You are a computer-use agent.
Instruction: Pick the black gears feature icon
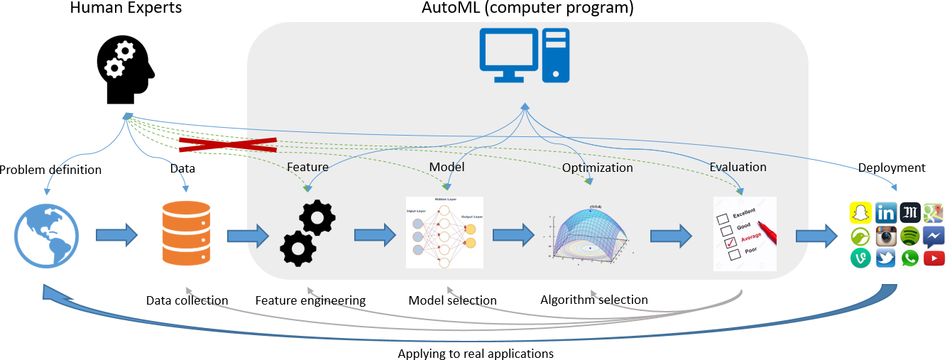click(307, 234)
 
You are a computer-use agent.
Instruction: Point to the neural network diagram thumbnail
click(444, 232)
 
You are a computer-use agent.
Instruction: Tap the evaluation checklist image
click(744, 234)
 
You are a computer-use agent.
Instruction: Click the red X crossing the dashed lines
click(227, 145)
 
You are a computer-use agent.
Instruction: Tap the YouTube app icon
click(934, 258)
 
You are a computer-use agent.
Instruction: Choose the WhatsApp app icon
click(909, 258)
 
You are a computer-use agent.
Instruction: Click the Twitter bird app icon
click(885, 258)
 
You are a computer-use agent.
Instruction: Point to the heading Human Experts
click(126, 9)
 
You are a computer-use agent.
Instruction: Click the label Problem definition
click(50, 169)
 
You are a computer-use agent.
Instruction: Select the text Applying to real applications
click(475, 353)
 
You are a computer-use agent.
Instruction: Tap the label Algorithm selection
click(593, 299)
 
